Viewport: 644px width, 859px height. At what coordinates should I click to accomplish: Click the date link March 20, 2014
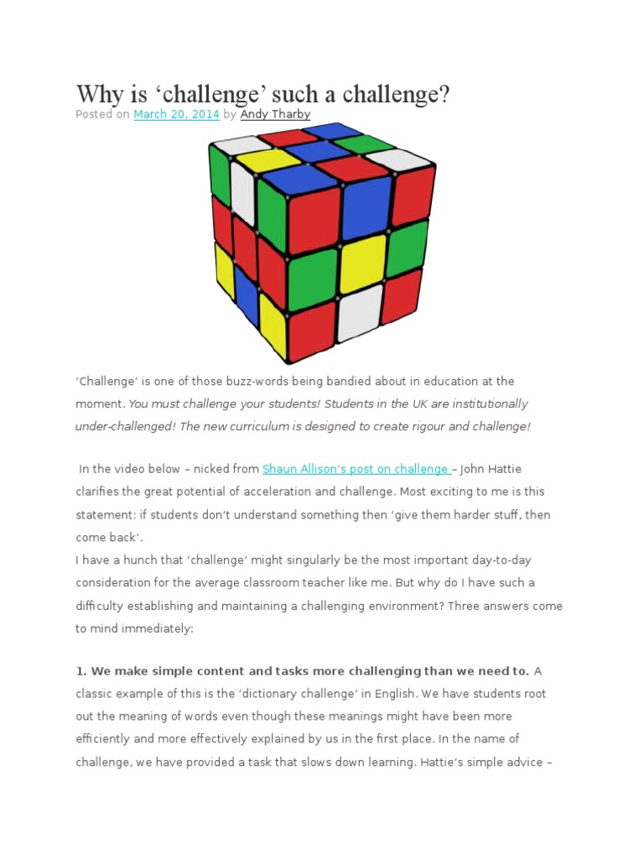click(176, 114)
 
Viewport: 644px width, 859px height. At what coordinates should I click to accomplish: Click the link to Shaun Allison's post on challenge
click(356, 469)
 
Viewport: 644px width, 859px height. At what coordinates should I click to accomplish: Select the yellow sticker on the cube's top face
click(268, 159)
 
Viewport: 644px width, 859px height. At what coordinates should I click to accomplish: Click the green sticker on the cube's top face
click(365, 143)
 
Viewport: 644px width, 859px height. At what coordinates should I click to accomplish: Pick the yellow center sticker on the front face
click(361, 259)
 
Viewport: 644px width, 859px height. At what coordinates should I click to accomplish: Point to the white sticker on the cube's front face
click(360, 311)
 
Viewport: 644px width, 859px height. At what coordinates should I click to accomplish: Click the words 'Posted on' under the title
click(102, 114)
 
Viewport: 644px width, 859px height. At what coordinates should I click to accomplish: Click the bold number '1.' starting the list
click(81, 670)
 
